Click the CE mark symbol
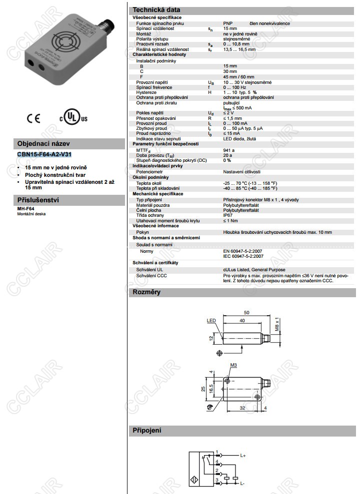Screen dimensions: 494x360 click(x=33, y=118)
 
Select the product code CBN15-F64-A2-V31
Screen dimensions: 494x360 click(x=44, y=154)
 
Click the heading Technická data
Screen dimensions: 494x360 click(x=155, y=9)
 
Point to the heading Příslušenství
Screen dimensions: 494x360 click(x=38, y=200)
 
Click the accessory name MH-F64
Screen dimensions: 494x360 click(x=25, y=208)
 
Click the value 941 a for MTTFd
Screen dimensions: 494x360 click(x=228, y=149)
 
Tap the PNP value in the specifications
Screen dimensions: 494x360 click(x=227, y=23)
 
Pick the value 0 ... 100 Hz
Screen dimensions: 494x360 click(x=235, y=87)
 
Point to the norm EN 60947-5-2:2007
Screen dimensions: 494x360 click(x=243, y=251)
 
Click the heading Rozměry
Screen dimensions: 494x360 click(x=146, y=292)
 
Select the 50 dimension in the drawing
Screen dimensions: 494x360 click(x=246, y=312)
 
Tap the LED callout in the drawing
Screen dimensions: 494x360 click(x=210, y=321)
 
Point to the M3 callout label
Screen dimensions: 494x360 click(x=233, y=365)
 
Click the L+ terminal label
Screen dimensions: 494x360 click(x=243, y=456)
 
